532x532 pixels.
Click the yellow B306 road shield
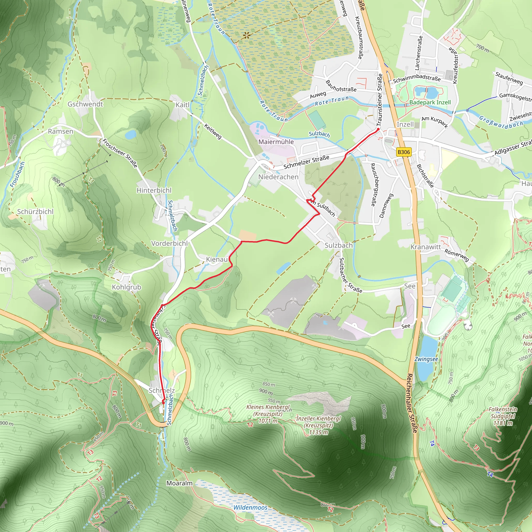pos(404,152)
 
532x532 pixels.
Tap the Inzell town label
pos(405,124)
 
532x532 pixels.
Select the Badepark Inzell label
pos(430,102)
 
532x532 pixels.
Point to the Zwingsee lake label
pos(426,359)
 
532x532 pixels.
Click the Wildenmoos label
pos(250,508)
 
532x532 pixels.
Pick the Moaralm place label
pos(179,483)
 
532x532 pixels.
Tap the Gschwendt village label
pos(85,104)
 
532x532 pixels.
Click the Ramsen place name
pos(61,131)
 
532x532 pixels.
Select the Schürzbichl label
pos(35,211)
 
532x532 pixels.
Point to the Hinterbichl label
pos(154,190)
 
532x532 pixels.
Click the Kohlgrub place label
pos(127,287)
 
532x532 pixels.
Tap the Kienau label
pos(217,260)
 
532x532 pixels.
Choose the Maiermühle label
pos(276,142)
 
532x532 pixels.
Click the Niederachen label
pos(278,177)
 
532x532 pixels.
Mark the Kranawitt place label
pos(426,247)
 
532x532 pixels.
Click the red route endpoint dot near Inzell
pos(378,129)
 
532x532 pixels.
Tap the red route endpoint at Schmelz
pos(163,402)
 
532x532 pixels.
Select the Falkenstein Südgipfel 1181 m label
pos(503,416)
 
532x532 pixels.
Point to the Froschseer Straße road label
pos(120,153)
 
